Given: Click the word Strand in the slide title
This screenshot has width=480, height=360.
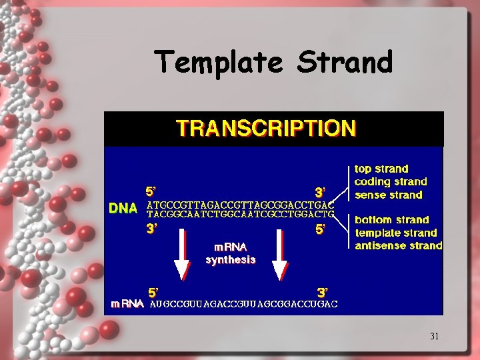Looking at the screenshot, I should pyautogui.click(x=345, y=62).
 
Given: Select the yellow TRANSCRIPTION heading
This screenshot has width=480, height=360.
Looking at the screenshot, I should pyautogui.click(x=266, y=128).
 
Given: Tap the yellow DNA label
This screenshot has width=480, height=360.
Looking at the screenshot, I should pyautogui.click(x=123, y=208).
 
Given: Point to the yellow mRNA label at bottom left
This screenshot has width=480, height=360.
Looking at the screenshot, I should pyautogui.click(x=127, y=303).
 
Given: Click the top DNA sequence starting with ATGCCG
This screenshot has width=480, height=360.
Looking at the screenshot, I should pyautogui.click(x=240, y=205).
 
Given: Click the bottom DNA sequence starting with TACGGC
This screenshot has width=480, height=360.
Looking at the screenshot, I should pyautogui.click(x=240, y=215).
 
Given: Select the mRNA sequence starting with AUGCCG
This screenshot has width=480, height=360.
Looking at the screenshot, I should pyautogui.click(x=243, y=304).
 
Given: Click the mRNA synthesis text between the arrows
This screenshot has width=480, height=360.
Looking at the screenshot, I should pyautogui.click(x=231, y=253).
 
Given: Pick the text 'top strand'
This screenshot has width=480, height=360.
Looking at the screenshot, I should pyautogui.click(x=381, y=169).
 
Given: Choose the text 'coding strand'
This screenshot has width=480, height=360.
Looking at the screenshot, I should pyautogui.click(x=391, y=182).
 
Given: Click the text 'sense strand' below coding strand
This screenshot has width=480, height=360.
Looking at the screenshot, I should pyautogui.click(x=389, y=195).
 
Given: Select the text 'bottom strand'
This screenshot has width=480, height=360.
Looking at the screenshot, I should pyautogui.click(x=392, y=219).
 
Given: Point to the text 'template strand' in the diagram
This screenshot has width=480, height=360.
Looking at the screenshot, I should pyautogui.click(x=396, y=233).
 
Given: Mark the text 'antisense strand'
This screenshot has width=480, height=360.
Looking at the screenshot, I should pyautogui.click(x=399, y=246).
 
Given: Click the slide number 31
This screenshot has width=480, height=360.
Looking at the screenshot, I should pyautogui.click(x=434, y=336).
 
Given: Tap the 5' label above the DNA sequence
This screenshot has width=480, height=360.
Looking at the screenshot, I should pyautogui.click(x=152, y=191).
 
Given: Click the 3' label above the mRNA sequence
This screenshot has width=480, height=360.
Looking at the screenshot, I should pyautogui.click(x=321, y=292).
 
